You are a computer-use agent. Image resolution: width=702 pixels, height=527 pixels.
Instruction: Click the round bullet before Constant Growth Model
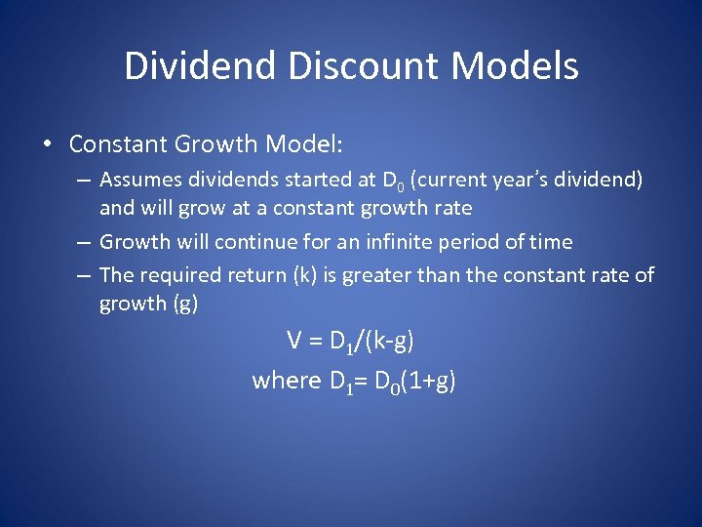coord(47,144)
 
